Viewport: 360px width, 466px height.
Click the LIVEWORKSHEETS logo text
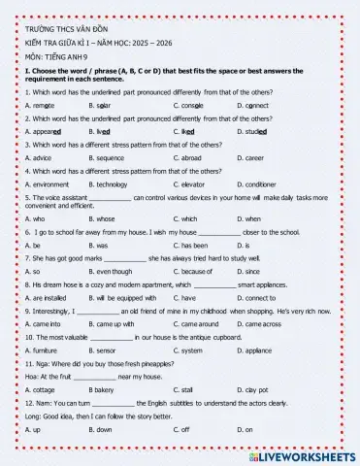coord(310,454)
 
